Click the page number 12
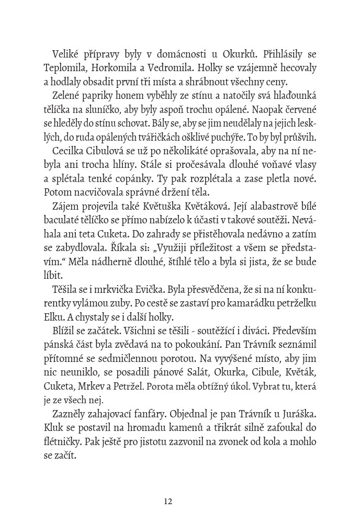pos(168,501)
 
